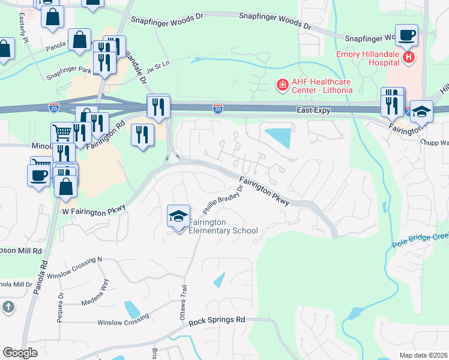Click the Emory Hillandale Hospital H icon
409,57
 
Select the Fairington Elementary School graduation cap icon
178,216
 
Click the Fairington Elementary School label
223,226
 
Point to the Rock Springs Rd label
217,321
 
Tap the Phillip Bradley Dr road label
223,199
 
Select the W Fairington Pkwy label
94,210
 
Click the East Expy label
314,110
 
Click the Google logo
20,353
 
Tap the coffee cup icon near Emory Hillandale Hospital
406,34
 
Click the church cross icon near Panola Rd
7,307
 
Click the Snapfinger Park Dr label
71,77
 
